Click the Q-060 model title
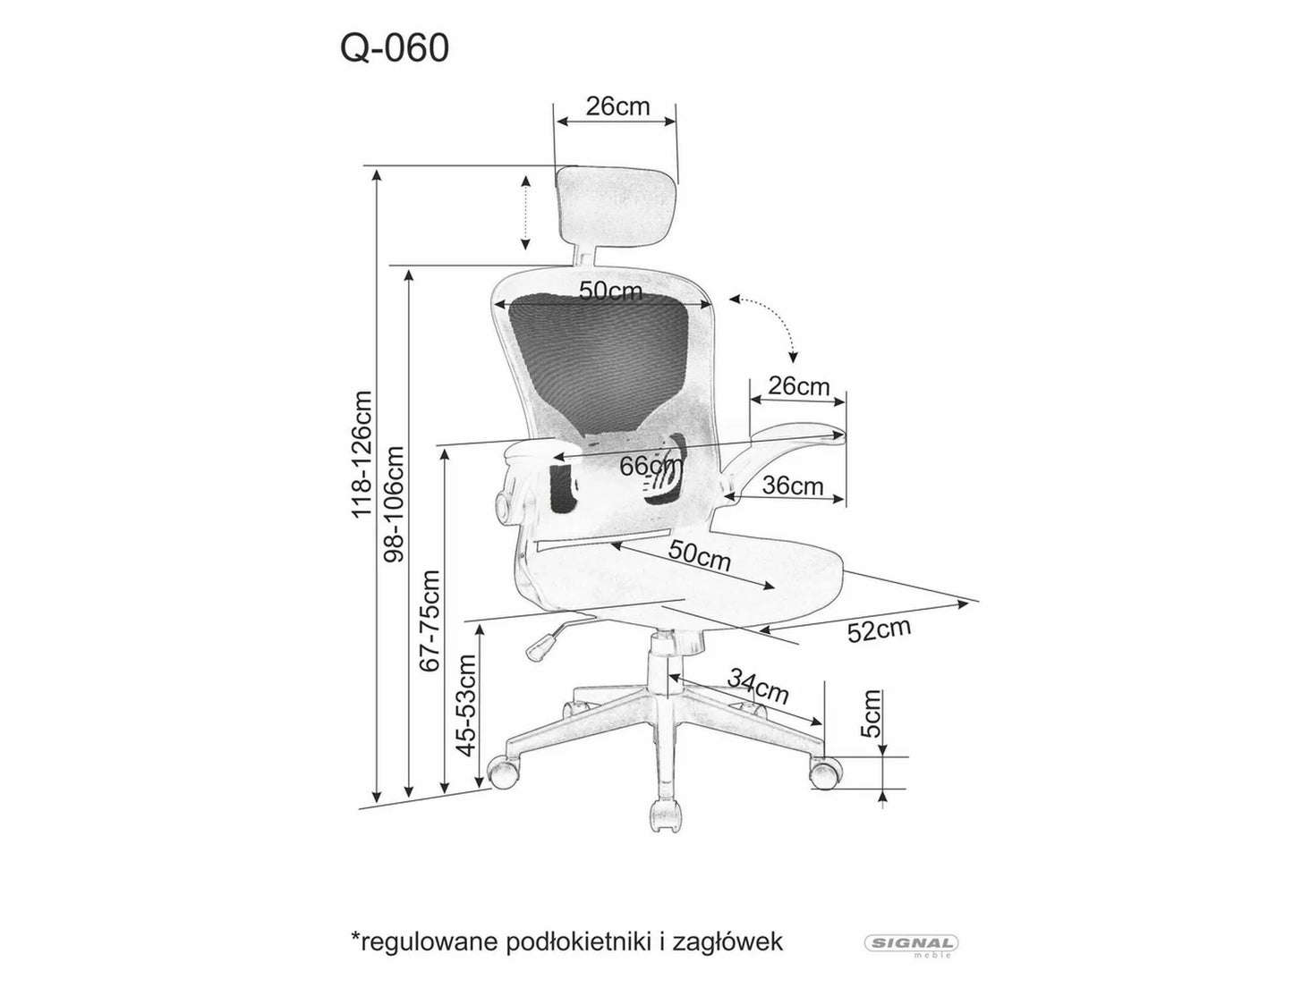[x=394, y=50]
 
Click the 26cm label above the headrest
[x=617, y=106]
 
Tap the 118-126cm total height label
[x=362, y=453]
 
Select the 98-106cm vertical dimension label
[x=394, y=503]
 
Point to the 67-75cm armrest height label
[x=431, y=620]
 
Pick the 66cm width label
[x=649, y=466]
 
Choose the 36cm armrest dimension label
[x=792, y=486]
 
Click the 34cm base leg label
[x=757, y=685]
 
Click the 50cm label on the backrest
[x=611, y=291]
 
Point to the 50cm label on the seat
[x=700, y=557]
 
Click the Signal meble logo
[x=911, y=943]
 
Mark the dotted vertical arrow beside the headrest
[x=526, y=213]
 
